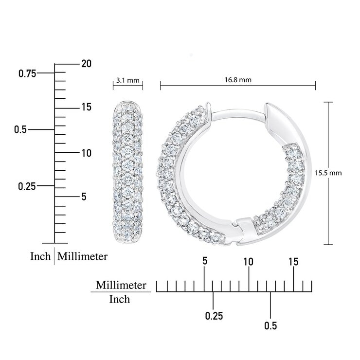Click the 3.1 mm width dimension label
tap(127, 80)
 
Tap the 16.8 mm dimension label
tap(238, 80)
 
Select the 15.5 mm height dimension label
tap(328, 173)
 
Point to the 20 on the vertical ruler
tap(86, 64)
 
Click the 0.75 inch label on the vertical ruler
tap(27, 73)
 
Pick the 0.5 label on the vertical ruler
tap(20, 129)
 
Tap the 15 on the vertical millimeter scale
tap(86, 107)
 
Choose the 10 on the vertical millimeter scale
tap(86, 153)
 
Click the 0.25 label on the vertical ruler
tap(27, 186)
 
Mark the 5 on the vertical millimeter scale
tap(84, 197)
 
